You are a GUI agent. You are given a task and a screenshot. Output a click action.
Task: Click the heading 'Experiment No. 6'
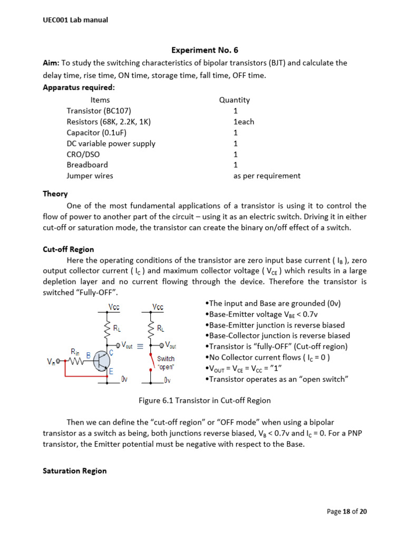(205, 50)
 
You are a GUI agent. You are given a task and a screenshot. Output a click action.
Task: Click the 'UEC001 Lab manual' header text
(75, 20)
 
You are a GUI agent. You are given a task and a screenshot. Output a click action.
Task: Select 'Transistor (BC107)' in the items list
(99, 111)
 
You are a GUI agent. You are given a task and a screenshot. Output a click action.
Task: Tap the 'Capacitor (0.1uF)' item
(97, 132)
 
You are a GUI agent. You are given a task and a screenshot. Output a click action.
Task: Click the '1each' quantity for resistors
(244, 122)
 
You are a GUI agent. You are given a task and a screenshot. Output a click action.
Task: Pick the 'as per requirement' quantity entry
(267, 176)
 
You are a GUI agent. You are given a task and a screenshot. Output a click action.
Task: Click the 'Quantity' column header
(234, 100)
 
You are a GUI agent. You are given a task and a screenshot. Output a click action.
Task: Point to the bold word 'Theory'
(55, 194)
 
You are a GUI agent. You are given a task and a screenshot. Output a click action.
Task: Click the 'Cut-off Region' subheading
(68, 249)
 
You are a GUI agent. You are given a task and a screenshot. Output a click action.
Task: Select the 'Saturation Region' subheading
(74, 470)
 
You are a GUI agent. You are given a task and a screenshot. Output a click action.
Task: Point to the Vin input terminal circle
(59, 362)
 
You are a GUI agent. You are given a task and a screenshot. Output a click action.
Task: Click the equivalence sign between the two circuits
(140, 346)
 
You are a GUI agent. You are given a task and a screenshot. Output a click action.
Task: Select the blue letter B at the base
(89, 354)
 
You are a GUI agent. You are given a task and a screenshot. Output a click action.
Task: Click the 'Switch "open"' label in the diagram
(166, 363)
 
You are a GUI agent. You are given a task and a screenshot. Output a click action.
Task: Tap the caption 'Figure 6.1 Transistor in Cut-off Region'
(205, 400)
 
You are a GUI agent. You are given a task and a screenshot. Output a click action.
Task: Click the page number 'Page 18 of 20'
(347, 512)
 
